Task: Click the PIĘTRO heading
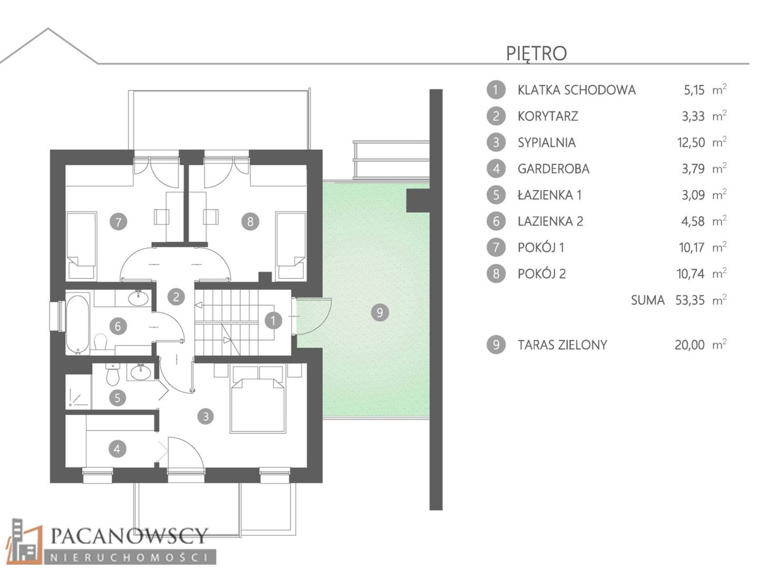[x=536, y=54]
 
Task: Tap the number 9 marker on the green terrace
[x=380, y=312]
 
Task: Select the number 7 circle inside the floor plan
[x=118, y=222]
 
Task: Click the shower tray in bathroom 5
[x=78, y=391]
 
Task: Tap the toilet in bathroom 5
[x=113, y=374]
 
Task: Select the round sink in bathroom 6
[x=139, y=298]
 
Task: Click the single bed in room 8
[x=291, y=246]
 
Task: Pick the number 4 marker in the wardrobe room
[x=117, y=449]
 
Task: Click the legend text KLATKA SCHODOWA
[x=577, y=90]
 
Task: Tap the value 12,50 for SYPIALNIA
[x=691, y=142]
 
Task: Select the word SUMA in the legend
[x=648, y=300]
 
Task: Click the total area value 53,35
[x=690, y=300]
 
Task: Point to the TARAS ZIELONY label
[x=562, y=345]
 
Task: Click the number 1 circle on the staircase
[x=273, y=320]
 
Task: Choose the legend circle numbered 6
[x=496, y=221]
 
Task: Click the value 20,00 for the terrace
[x=689, y=345]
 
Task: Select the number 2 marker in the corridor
[x=176, y=297]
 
